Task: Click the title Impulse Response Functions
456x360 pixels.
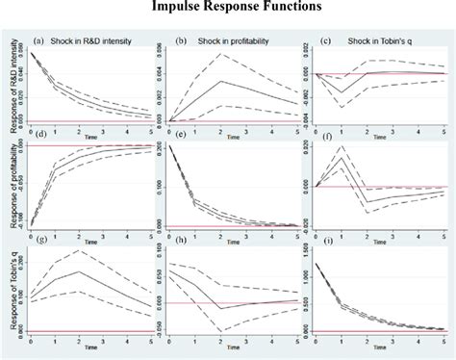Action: click(227, 10)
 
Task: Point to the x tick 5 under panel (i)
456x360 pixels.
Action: click(444, 337)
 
